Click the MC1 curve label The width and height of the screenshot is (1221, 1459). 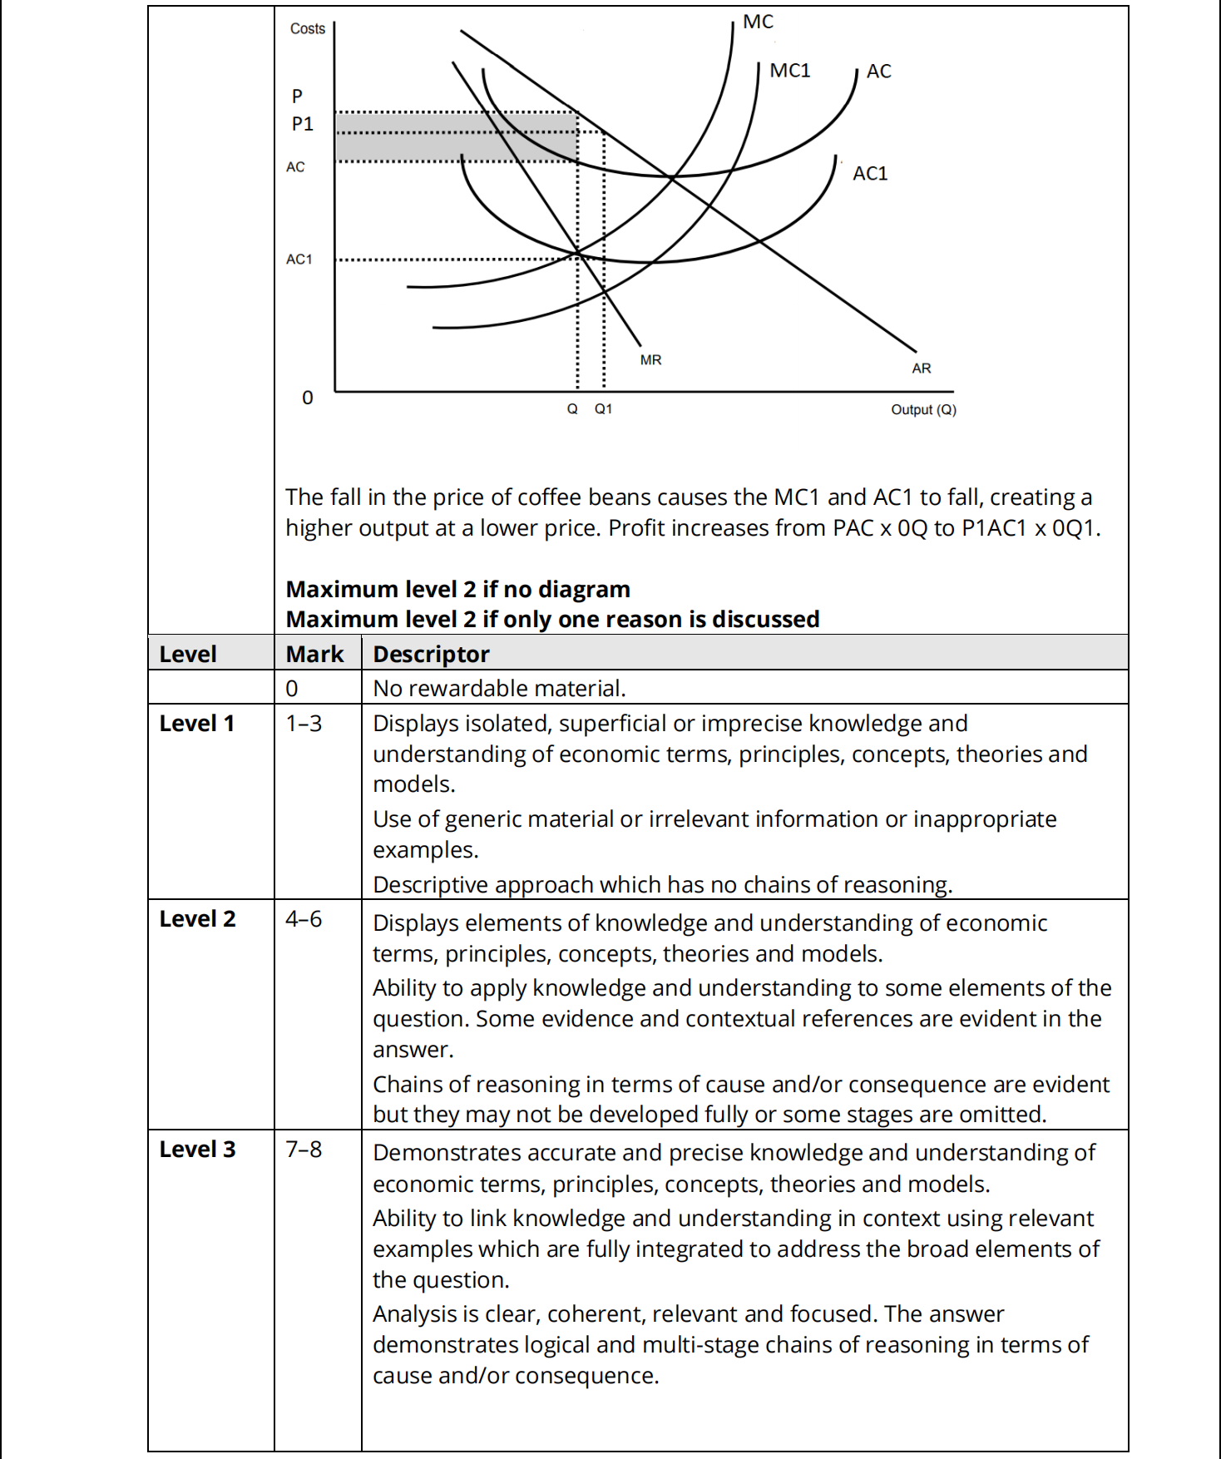point(789,71)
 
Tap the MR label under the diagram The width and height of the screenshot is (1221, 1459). point(650,360)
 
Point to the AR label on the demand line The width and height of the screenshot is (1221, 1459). point(921,368)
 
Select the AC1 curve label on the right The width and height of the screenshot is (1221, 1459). point(870,173)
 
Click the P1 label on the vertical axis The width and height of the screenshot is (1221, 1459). point(302,124)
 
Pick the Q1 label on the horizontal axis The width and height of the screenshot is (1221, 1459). point(603,409)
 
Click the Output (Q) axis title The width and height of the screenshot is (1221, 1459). point(923,409)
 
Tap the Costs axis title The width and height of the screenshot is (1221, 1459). point(307,28)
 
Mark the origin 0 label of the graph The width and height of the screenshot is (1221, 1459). point(307,398)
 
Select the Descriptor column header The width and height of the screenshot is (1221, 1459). point(431,655)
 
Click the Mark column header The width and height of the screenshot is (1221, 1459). point(314,655)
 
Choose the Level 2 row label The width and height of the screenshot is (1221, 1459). point(197,919)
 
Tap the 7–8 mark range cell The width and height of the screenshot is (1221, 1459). point(304,1150)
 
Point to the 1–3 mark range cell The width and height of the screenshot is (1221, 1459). point(304,724)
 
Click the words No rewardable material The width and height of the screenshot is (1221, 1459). point(499,689)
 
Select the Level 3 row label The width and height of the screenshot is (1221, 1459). point(197,1150)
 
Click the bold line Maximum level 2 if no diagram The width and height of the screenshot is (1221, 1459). point(457,590)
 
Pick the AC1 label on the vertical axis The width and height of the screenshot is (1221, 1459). point(299,260)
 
